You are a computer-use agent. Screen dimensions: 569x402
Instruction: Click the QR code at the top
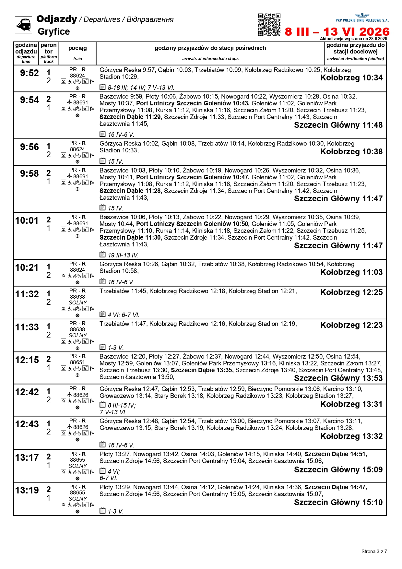tap(269, 24)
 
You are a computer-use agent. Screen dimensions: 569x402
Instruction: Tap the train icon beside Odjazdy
tap(23, 25)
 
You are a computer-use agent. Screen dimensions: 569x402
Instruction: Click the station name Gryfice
tap(54, 31)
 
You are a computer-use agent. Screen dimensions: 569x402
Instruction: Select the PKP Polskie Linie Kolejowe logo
tap(362, 18)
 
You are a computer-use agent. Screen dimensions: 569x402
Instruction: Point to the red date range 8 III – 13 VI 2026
tap(337, 32)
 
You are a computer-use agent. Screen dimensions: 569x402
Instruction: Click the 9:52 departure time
tap(29, 73)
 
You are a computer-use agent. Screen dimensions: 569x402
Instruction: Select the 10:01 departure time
tap(27, 221)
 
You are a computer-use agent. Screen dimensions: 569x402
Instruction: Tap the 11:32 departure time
tap(27, 294)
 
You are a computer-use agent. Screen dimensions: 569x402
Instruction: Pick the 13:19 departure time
tap(27, 491)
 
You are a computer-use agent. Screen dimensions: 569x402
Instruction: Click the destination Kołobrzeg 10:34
tap(351, 78)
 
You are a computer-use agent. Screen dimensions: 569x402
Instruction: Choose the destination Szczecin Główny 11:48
tap(338, 125)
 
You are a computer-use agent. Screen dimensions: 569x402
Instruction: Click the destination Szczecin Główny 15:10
tap(338, 503)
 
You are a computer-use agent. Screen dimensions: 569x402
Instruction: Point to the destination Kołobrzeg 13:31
tap(351, 404)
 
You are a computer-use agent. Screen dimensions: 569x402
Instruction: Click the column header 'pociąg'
tap(77, 48)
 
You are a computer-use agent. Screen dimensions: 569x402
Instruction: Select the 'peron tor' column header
tap(49, 48)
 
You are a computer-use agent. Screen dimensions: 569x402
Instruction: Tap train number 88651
tap(77, 362)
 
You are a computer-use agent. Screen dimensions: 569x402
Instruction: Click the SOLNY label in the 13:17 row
tap(78, 466)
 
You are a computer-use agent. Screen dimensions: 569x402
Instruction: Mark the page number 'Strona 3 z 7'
tap(374, 551)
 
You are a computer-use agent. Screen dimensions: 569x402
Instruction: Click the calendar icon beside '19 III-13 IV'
tap(102, 255)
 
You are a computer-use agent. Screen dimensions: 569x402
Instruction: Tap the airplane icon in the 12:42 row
tap(69, 395)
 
